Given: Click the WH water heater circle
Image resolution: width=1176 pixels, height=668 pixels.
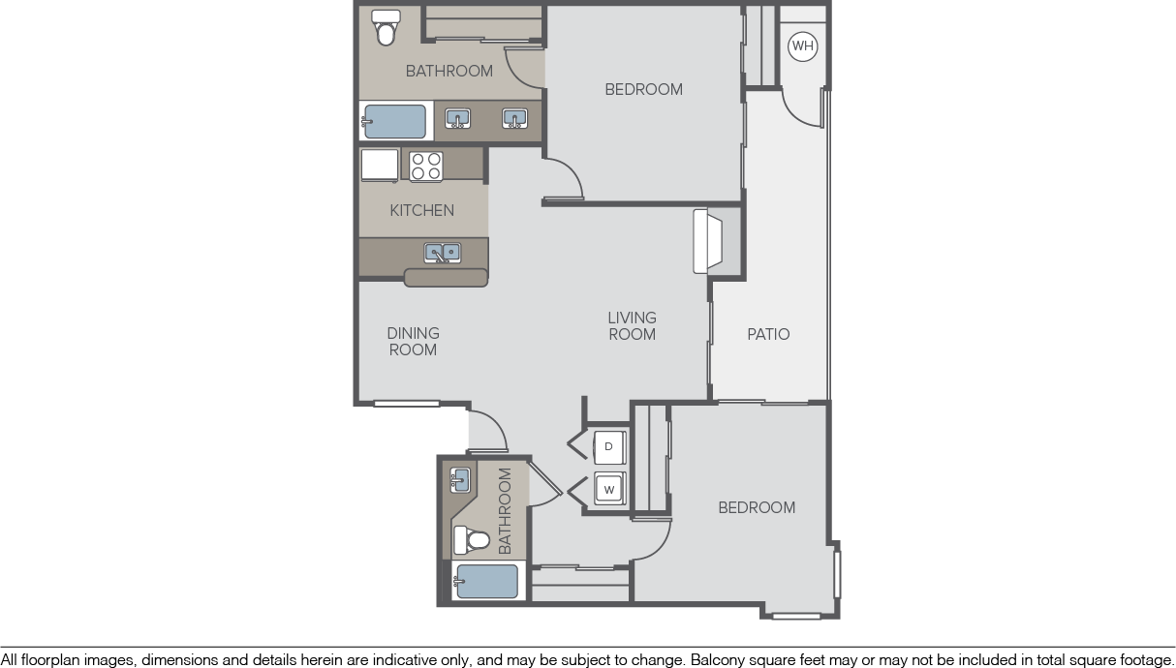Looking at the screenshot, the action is (x=802, y=46).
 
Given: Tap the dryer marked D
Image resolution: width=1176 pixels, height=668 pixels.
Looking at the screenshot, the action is (x=609, y=446).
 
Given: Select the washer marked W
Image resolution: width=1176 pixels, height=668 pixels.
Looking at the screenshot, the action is (x=609, y=489).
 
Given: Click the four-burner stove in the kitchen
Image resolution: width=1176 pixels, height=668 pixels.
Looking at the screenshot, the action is (x=426, y=167).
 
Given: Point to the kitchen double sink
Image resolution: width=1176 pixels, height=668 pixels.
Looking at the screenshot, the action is (x=443, y=253).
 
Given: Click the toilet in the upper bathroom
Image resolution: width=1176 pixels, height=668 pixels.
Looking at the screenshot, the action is (x=386, y=27).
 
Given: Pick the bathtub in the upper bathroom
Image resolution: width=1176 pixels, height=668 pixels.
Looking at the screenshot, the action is (x=395, y=122).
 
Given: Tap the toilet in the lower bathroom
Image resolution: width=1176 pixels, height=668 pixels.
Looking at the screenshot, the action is (x=472, y=540).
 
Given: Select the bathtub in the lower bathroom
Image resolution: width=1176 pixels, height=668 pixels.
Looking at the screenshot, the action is (x=486, y=582).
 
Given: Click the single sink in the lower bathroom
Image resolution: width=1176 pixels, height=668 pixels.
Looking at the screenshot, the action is (x=460, y=480).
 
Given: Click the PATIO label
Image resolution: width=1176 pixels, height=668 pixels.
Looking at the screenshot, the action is (x=768, y=334).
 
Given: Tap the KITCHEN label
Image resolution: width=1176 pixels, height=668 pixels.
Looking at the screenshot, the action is (x=421, y=210).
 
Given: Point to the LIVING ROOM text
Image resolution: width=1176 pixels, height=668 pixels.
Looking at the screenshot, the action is (x=633, y=326).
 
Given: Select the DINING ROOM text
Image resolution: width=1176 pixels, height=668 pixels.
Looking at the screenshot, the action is (x=414, y=342).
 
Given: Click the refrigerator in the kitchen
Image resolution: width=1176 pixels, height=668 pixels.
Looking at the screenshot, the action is (x=380, y=166).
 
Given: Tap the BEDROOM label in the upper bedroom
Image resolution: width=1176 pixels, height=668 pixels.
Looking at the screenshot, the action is (x=643, y=89).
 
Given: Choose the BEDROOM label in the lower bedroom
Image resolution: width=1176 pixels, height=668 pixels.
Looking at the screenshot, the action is (x=757, y=507).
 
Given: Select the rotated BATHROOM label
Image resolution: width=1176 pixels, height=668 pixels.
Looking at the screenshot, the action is (x=505, y=511).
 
